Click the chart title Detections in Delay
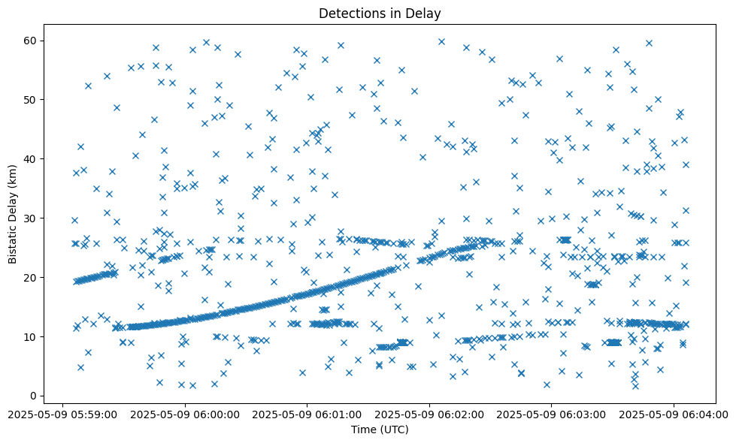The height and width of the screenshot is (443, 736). [380, 14]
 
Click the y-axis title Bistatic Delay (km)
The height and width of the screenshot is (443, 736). [14, 214]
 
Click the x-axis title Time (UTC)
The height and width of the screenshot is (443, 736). [380, 429]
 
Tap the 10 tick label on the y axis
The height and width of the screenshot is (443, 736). [32, 336]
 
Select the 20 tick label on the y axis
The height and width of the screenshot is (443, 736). [32, 277]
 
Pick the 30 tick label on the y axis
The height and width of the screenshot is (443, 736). [32, 218]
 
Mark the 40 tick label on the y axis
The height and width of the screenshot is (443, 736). [32, 158]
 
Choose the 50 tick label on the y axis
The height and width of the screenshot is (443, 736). [32, 99]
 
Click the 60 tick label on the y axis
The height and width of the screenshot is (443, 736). [32, 40]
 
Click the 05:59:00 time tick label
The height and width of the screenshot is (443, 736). [63, 414]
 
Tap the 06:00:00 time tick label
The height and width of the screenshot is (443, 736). [185, 414]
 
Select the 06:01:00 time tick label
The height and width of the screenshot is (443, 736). [307, 414]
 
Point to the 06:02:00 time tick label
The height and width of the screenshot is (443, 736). [429, 414]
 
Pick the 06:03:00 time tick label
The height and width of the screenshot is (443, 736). [552, 414]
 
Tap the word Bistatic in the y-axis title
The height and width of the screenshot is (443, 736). [14, 245]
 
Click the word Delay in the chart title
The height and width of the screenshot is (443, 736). [424, 14]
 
